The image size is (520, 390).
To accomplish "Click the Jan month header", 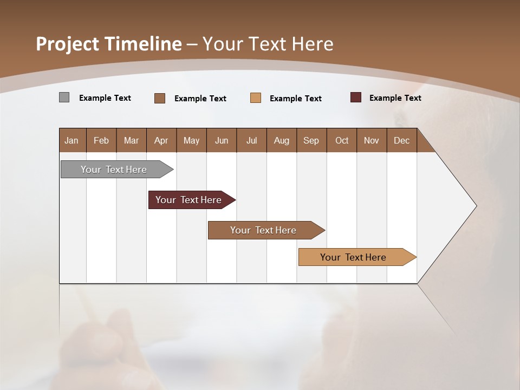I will click(72, 140).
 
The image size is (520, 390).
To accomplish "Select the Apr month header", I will click(161, 140).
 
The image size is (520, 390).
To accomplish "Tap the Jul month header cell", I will click(251, 140).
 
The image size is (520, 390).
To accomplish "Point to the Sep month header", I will click(311, 140).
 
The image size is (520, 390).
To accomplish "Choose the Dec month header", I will click(401, 140).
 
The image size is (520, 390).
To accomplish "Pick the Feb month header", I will click(101, 140).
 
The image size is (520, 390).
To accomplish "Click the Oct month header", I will click(342, 140).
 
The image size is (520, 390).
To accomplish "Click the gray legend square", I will click(64, 97).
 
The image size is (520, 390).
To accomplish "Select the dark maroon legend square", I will click(356, 97).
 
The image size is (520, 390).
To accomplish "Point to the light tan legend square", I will click(256, 98).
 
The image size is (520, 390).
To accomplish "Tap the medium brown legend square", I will click(160, 98).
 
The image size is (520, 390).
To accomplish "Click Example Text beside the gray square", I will click(105, 98).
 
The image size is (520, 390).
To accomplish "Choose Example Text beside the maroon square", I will click(395, 98).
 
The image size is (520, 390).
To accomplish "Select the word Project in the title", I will click(68, 44).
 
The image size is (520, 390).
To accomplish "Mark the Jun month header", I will click(222, 140).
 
